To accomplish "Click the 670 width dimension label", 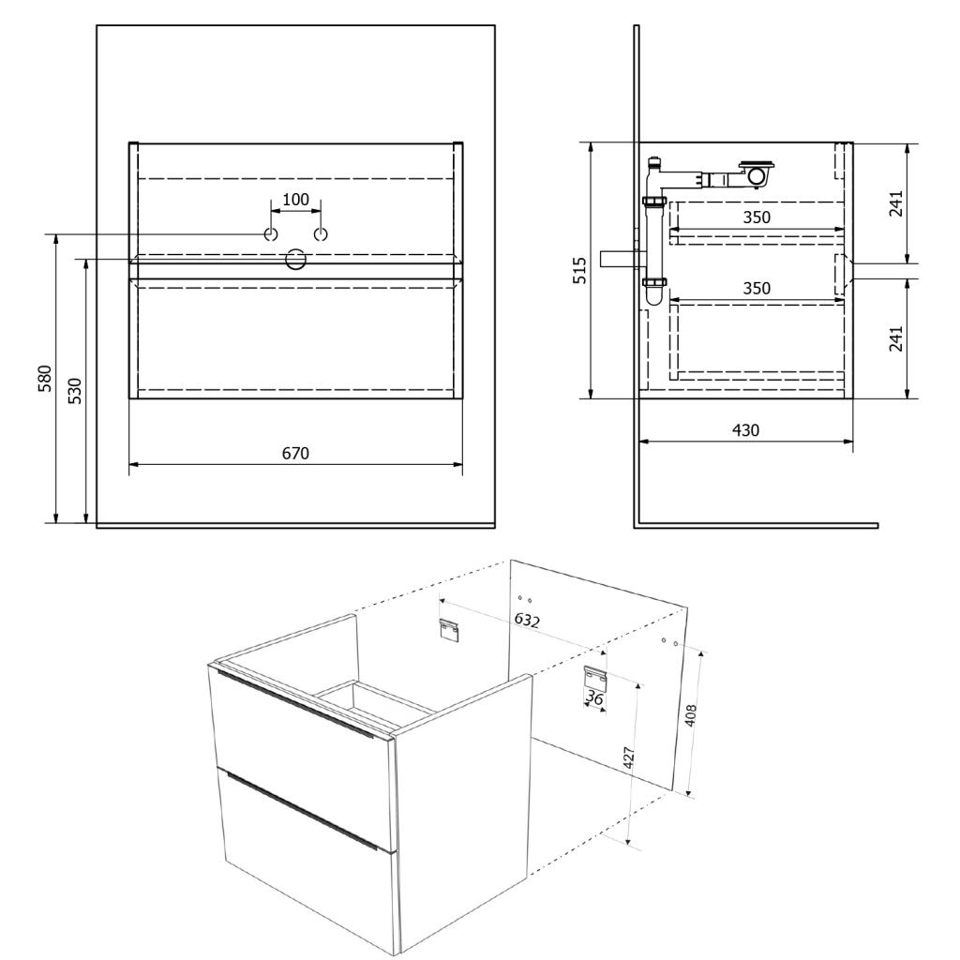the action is pyautogui.click(x=295, y=454).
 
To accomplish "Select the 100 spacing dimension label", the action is pyautogui.click(x=295, y=200).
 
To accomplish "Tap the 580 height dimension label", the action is pyautogui.click(x=46, y=379).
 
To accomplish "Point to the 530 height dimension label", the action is pyautogui.click(x=74, y=391).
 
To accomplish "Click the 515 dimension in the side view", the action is pyautogui.click(x=579, y=270).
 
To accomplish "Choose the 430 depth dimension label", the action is pyautogui.click(x=745, y=430).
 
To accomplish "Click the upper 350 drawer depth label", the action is pyautogui.click(x=757, y=217).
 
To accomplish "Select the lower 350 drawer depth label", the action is pyautogui.click(x=757, y=289).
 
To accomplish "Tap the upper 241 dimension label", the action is pyautogui.click(x=895, y=203).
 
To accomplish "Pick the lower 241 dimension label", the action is pyautogui.click(x=895, y=338).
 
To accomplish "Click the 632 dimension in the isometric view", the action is pyautogui.click(x=527, y=621).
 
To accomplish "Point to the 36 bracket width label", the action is pyautogui.click(x=594, y=697).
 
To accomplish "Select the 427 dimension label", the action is pyautogui.click(x=628, y=758).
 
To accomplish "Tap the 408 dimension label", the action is pyautogui.click(x=691, y=715).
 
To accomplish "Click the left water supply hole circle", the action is pyautogui.click(x=271, y=233).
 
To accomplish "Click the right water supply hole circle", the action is pyautogui.click(x=321, y=233).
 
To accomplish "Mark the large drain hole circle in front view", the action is pyautogui.click(x=295, y=259).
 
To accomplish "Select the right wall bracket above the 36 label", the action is pyautogui.click(x=594, y=677).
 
